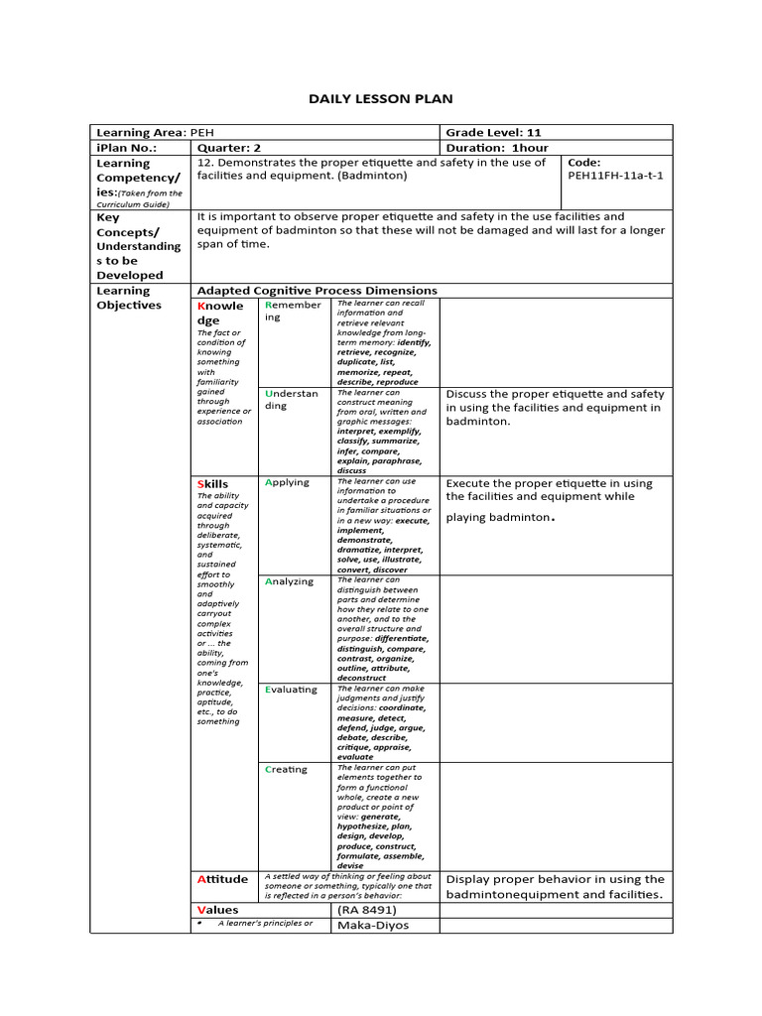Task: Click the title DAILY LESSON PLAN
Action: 381,99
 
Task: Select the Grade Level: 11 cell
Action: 493,132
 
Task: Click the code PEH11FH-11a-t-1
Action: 615,176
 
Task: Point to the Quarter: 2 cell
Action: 229,147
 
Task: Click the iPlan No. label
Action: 126,147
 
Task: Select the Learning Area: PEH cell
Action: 154,132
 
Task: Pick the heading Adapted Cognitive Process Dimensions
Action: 317,291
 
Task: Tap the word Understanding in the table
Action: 291,399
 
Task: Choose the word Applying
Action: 288,482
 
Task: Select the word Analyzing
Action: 290,581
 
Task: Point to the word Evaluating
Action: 292,690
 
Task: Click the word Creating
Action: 287,770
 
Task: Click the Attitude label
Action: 222,879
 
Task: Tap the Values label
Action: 218,910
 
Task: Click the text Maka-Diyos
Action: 373,926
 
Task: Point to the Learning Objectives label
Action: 129,298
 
